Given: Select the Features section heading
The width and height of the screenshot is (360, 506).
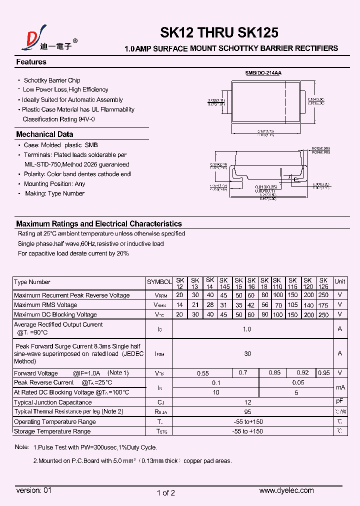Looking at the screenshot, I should (31, 62).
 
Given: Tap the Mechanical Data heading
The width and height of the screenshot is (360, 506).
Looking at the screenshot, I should (44, 134).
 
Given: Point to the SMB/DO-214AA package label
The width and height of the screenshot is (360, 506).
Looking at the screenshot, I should (263, 73).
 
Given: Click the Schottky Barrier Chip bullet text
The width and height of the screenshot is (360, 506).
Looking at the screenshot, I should (52, 80).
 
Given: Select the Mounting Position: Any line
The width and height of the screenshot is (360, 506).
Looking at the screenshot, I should (54, 184).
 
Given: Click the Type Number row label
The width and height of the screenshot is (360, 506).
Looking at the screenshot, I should (32, 282).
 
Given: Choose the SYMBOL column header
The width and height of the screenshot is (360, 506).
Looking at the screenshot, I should (159, 282).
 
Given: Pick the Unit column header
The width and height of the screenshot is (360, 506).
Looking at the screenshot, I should (340, 281).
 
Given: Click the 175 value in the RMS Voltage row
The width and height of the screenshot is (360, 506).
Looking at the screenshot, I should (323, 305).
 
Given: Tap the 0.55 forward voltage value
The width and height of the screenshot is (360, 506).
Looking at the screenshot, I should (202, 373).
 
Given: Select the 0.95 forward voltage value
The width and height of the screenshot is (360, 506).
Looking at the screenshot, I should (323, 373).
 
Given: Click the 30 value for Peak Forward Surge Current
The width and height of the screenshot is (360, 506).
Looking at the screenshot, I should (247, 354).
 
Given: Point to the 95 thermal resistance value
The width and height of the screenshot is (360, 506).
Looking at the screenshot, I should (247, 412).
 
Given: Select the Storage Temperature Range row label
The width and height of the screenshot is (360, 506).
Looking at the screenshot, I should (52, 431).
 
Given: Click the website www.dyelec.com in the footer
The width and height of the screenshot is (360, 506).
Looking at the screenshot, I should (286, 491).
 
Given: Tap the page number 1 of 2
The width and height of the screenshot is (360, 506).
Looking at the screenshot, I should (166, 493).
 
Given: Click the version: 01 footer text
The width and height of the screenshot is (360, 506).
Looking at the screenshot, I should (34, 491).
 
